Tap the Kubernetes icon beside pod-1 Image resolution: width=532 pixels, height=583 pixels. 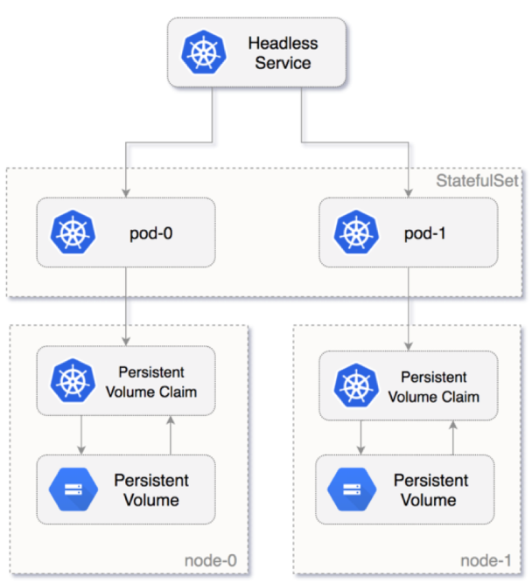[x=355, y=233]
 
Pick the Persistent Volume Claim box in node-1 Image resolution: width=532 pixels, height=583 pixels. [x=408, y=386]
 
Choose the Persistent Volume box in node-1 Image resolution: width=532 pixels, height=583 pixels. [x=408, y=490]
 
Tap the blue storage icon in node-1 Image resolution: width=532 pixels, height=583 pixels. [x=348, y=490]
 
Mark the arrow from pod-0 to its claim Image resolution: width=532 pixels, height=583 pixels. [x=128, y=306]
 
